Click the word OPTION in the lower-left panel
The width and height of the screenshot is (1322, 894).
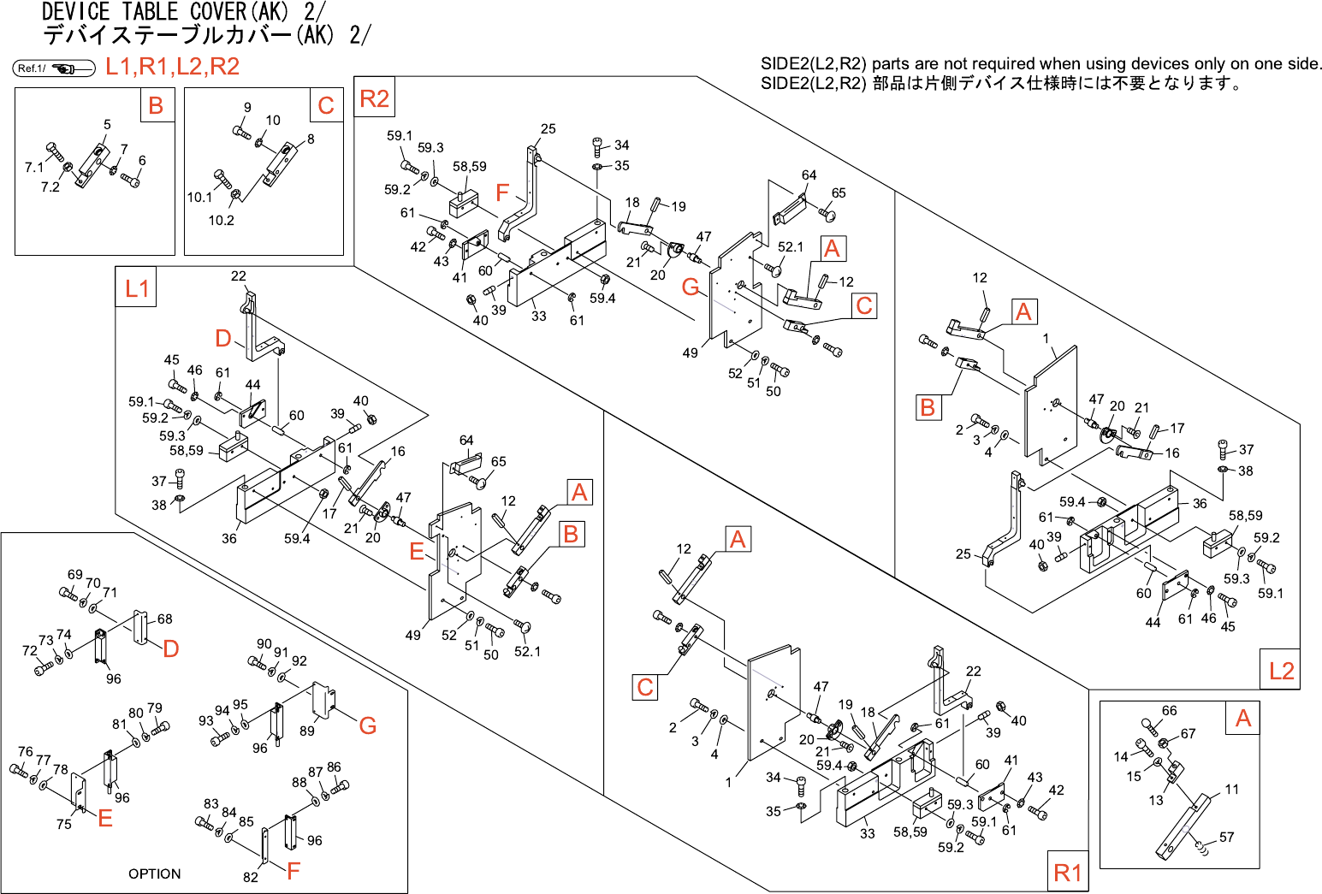click(154, 873)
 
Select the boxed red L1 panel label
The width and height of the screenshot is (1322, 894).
click(136, 288)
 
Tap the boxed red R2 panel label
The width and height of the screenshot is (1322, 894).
click(374, 98)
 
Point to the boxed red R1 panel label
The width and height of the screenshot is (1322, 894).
click(1067, 873)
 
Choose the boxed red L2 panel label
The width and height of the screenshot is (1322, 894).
click(1281, 671)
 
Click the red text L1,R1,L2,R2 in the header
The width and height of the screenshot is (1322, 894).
click(172, 67)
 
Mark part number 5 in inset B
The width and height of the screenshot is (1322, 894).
click(107, 124)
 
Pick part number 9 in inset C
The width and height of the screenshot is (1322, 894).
click(247, 108)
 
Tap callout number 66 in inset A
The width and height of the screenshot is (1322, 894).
click(1169, 710)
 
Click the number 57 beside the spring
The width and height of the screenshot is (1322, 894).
click(1226, 837)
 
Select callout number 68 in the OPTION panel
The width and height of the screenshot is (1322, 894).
click(164, 619)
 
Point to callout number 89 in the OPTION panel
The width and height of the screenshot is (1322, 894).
click(306, 731)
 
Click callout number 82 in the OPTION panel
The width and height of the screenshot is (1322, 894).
click(250, 876)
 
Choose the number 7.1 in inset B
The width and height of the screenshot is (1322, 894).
click(33, 167)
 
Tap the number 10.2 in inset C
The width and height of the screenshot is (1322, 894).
click(221, 220)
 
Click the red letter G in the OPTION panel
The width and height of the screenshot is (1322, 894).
click(368, 725)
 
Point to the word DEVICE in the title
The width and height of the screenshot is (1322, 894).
click(75, 12)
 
